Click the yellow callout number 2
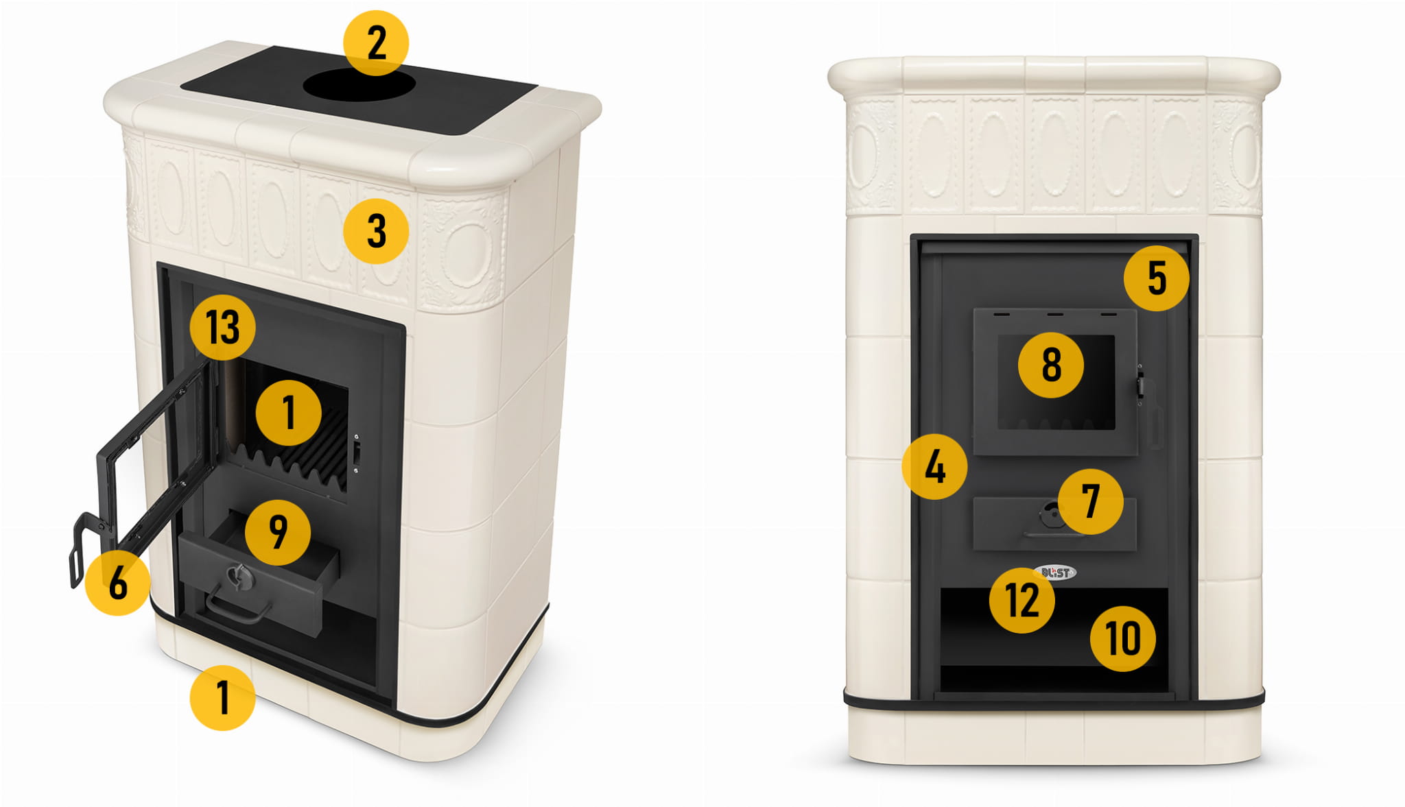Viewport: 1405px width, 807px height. click(x=376, y=43)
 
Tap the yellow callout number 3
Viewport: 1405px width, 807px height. click(x=376, y=231)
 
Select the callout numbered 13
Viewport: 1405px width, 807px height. click(x=223, y=327)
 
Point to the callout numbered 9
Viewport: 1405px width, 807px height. click(x=278, y=532)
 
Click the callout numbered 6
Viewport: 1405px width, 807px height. click(x=118, y=583)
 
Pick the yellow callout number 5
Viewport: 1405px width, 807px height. click(x=1157, y=278)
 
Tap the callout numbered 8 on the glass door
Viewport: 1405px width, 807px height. click(x=1051, y=365)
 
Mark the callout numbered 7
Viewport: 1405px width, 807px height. click(x=1091, y=502)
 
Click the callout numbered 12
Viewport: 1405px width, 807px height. click(x=1022, y=601)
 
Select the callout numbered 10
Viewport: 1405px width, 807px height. click(x=1123, y=639)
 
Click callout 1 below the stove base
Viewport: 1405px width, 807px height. click(x=223, y=697)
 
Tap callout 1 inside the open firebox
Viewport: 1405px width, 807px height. click(x=289, y=413)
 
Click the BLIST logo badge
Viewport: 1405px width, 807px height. click(x=1057, y=573)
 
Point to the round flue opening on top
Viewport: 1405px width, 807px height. click(x=359, y=85)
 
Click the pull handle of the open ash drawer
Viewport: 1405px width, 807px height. click(x=237, y=608)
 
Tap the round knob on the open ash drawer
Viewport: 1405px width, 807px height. click(x=239, y=577)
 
